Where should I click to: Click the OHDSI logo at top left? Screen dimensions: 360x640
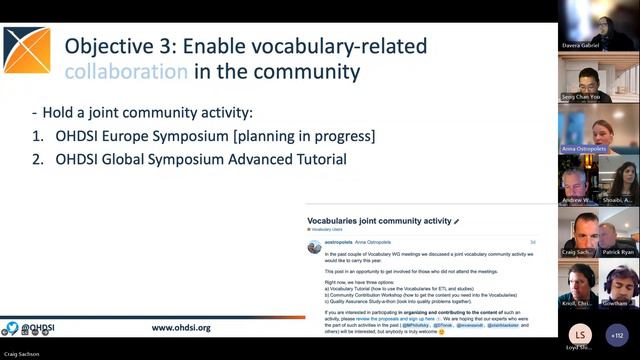point(27,50)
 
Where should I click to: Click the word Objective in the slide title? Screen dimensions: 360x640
point(110,45)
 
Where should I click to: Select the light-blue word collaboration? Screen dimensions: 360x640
point(126,72)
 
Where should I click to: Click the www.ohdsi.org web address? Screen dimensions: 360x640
point(181,327)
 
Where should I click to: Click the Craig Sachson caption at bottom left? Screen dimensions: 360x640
point(27,351)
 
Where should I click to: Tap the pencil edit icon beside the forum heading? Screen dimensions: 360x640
point(457,221)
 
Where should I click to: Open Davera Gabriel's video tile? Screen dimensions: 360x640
point(599,24)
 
